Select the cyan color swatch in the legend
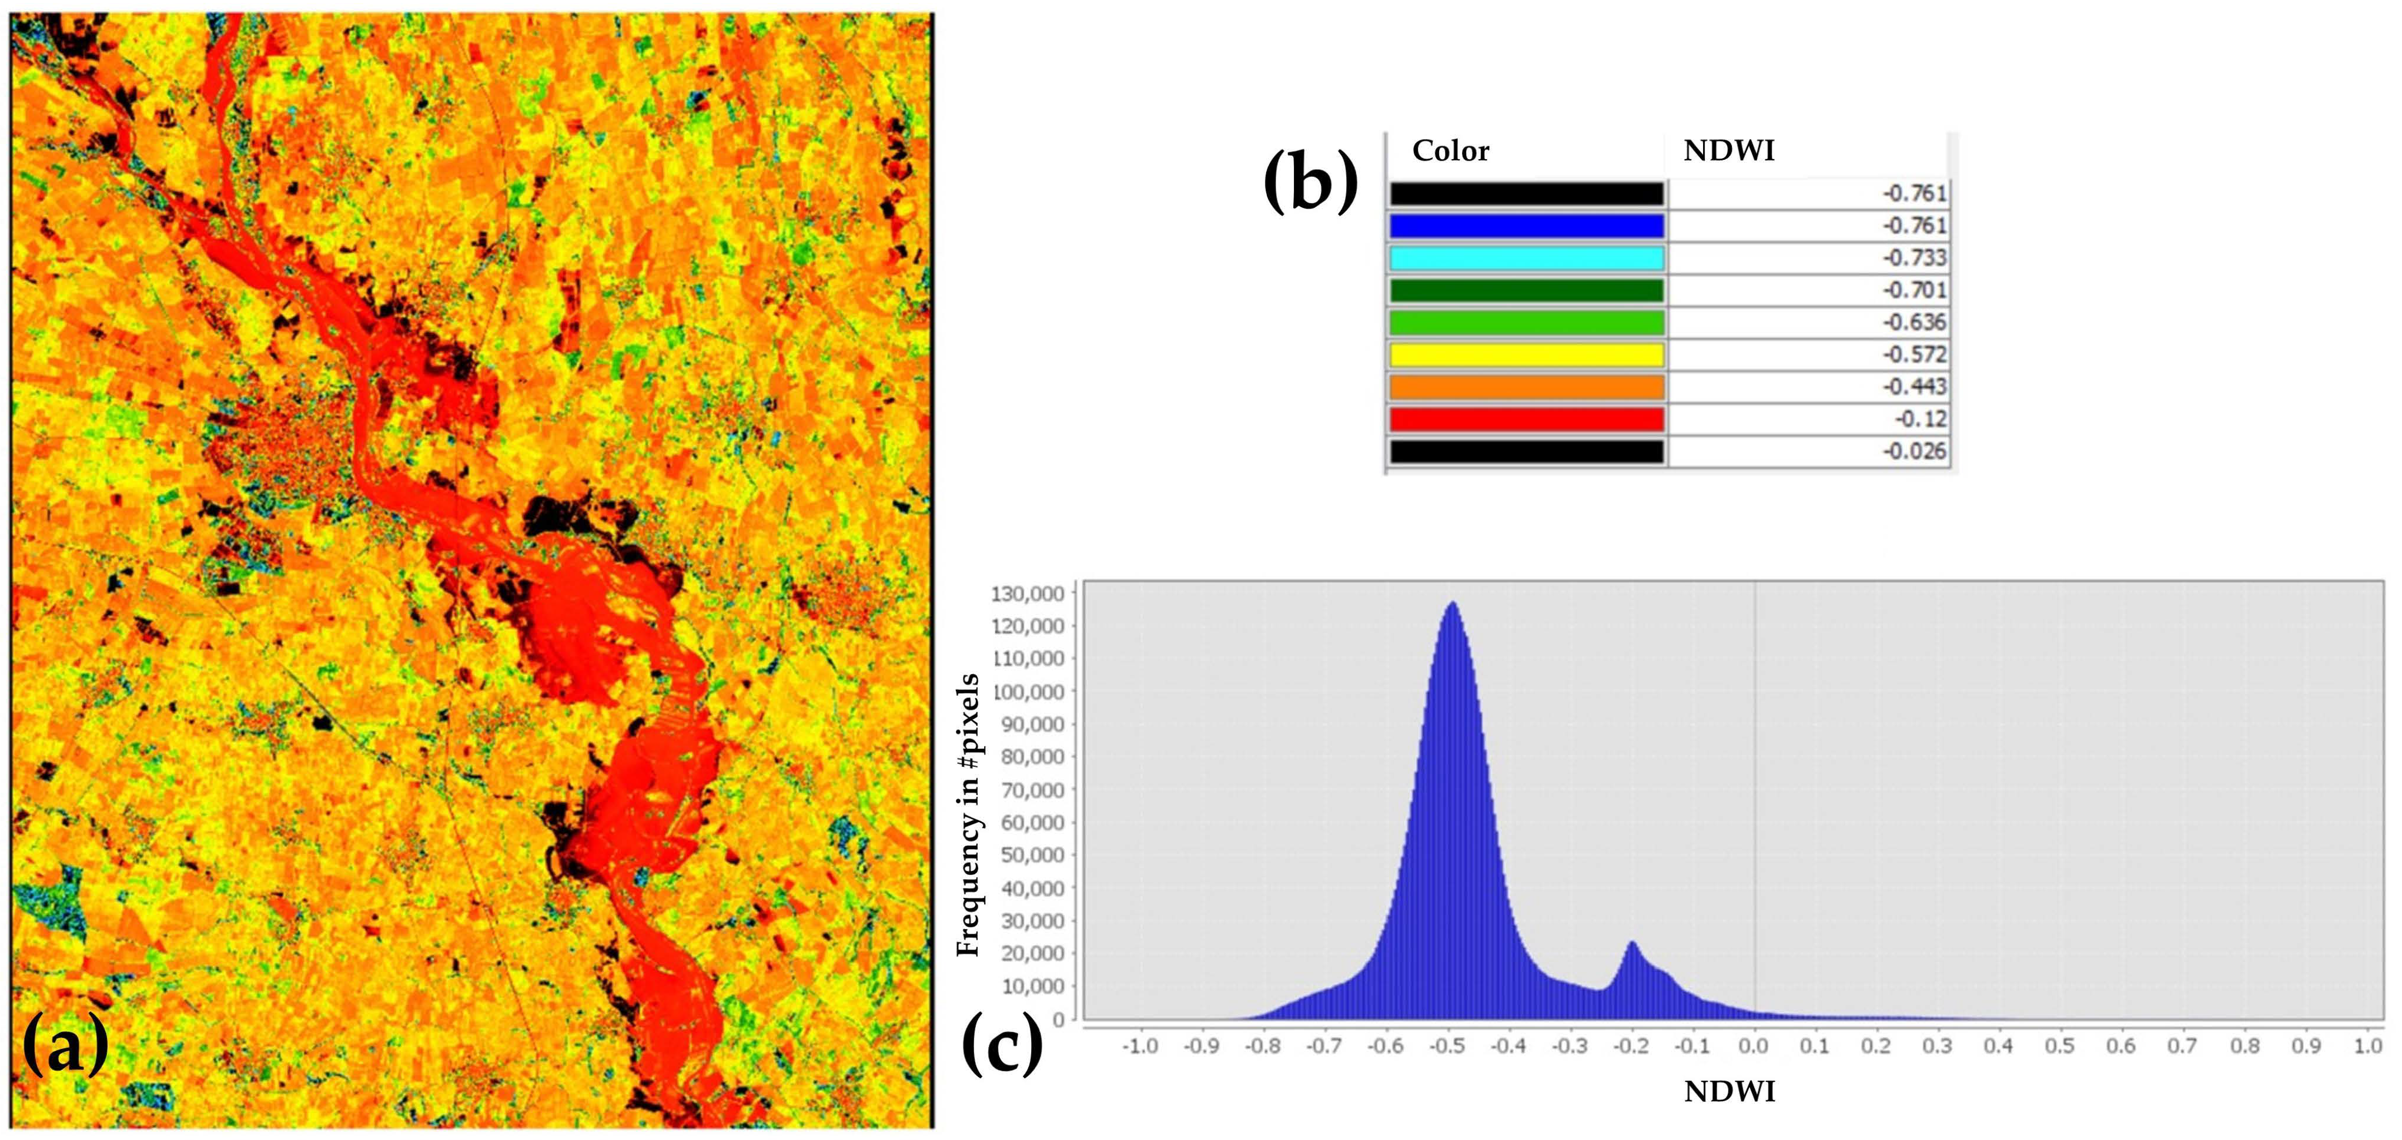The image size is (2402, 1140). tap(1527, 258)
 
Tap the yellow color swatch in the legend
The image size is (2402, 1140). tap(1527, 355)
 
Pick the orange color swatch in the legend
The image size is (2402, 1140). tap(1527, 387)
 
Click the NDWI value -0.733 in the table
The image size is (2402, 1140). tap(1914, 258)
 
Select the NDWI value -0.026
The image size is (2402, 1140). tap(1914, 451)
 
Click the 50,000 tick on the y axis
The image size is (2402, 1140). tap(1032, 856)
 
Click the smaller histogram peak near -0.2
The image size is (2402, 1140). tap(1632, 943)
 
